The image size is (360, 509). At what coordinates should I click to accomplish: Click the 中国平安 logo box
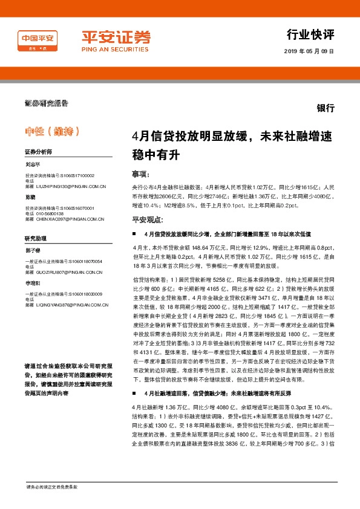click(x=38, y=38)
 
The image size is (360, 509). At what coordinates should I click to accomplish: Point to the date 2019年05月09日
click(x=309, y=51)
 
